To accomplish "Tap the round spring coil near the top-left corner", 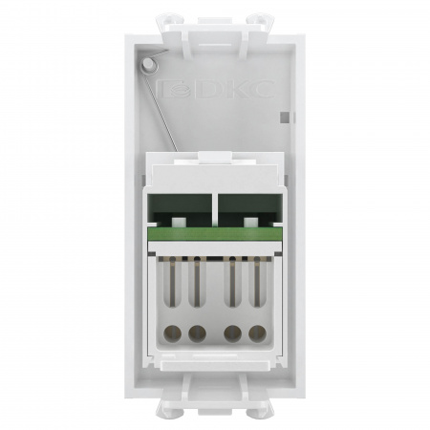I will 148,64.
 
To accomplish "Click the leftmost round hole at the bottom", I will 175,333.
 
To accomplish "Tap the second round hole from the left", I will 197,333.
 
